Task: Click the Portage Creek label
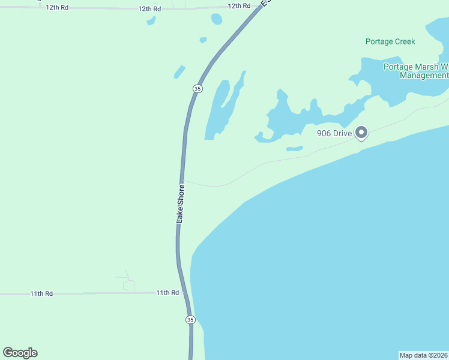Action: coord(390,41)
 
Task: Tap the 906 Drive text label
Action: coord(334,133)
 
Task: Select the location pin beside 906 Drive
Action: coord(361,133)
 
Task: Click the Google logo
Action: coord(20,353)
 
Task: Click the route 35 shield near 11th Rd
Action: coord(190,320)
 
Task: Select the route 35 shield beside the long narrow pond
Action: coord(197,89)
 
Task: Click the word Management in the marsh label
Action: coord(424,76)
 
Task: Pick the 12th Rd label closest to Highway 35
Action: coord(239,5)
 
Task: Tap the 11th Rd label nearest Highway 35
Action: coord(167,293)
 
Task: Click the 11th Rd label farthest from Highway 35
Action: coord(42,294)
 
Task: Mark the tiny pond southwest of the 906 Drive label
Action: coord(294,148)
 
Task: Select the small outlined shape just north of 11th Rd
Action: coord(128,285)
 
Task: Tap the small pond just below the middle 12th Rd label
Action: coord(151,21)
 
